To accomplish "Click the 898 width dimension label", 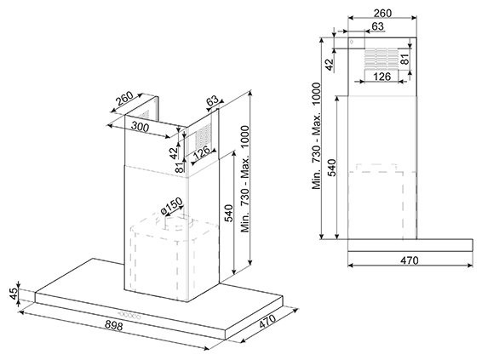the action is pos(114,325).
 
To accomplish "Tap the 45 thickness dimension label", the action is pos(14,294).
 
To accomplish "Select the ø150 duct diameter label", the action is pos(171,205).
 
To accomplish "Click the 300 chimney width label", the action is pos(140,127).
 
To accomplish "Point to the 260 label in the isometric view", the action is pos(124,98).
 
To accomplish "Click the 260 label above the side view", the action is pos(382,14).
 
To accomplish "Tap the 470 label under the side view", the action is pos(409,260).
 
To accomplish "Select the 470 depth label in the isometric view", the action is pos(267,321).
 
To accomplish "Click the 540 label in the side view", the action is pos(331,168).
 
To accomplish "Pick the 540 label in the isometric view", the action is pos(229,213).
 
